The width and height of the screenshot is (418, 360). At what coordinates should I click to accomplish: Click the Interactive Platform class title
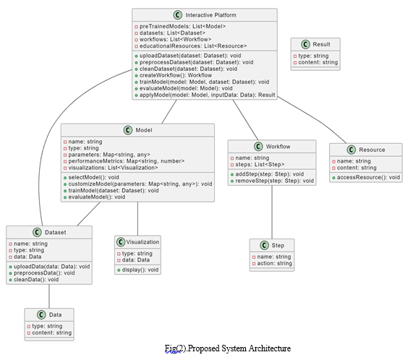tap(210, 15)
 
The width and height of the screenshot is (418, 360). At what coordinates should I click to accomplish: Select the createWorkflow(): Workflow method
tap(176, 75)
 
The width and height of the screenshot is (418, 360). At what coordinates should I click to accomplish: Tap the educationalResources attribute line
tap(193, 46)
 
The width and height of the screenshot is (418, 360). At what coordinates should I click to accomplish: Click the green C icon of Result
tap(305, 44)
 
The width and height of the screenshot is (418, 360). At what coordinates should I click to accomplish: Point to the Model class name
tap(144, 130)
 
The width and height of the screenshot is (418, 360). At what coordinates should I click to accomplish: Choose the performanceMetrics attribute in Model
tap(127, 161)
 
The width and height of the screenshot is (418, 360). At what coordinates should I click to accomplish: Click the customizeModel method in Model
tap(140, 184)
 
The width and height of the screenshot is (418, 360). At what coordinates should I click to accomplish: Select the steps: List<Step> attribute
tap(260, 164)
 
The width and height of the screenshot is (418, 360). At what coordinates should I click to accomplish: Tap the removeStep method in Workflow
tap(274, 181)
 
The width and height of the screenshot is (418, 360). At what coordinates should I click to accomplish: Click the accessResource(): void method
tap(368, 177)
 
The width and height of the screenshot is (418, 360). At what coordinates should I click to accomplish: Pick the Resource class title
tap(372, 150)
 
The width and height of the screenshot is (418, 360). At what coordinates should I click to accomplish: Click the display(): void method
tap(140, 270)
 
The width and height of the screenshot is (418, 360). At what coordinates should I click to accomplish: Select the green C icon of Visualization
tap(121, 242)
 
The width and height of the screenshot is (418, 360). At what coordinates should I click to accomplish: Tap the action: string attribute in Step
tap(274, 264)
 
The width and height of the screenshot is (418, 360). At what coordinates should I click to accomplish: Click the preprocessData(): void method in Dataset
tap(44, 273)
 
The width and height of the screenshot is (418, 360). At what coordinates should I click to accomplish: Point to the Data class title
tap(55, 314)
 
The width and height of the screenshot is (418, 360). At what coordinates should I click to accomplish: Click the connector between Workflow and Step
tap(272, 212)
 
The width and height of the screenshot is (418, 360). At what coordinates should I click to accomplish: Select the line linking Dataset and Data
tap(49, 296)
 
